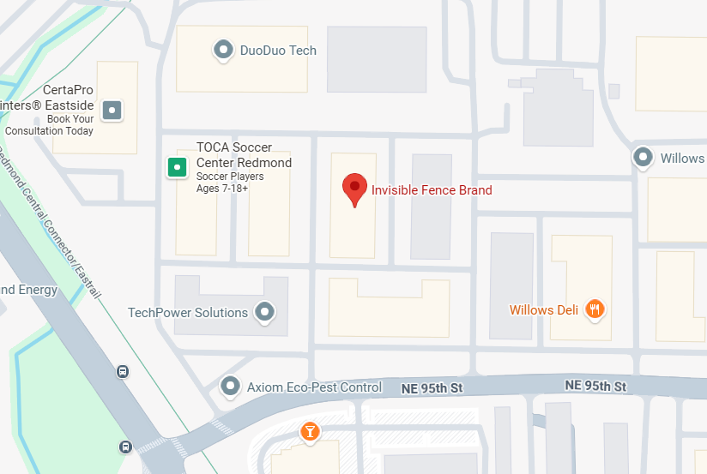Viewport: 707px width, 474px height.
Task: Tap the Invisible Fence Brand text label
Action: pyautogui.click(x=432, y=189)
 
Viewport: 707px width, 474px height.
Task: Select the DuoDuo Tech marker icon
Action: pyautogui.click(x=223, y=50)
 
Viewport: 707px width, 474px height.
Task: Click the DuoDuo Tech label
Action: pyautogui.click(x=278, y=51)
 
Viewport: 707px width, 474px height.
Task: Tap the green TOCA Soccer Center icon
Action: pyautogui.click(x=176, y=166)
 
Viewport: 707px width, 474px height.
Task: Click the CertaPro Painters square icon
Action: pyautogui.click(x=112, y=110)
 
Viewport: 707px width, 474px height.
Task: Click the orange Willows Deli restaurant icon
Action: pyautogui.click(x=594, y=309)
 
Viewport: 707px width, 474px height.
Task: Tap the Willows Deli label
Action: pyautogui.click(x=543, y=310)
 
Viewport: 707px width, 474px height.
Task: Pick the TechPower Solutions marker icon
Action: pyautogui.click(x=266, y=312)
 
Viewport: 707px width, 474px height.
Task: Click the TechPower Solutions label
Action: pyautogui.click(x=188, y=313)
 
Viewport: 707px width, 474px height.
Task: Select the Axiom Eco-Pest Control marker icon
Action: pyautogui.click(x=230, y=387)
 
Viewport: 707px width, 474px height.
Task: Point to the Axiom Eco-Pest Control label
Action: pyautogui.click(x=314, y=387)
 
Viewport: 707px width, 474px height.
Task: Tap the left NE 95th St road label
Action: pyautogui.click(x=432, y=388)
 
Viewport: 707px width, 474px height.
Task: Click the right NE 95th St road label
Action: pyautogui.click(x=595, y=387)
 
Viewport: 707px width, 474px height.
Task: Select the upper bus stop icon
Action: pyautogui.click(x=123, y=372)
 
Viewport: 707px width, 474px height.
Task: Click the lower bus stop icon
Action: pyautogui.click(x=125, y=447)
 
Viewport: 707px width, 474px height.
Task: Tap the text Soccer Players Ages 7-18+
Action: pyautogui.click(x=230, y=182)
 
